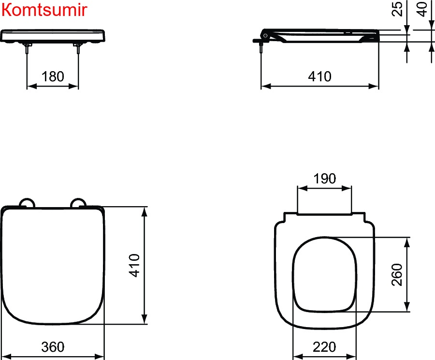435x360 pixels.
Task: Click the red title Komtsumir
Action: pyautogui.click(x=44, y=10)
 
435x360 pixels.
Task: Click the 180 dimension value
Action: pyautogui.click(x=53, y=76)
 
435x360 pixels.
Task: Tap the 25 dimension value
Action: pyautogui.click(x=397, y=9)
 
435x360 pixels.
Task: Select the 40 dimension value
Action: pyautogui.click(x=422, y=9)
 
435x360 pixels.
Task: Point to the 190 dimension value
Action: pyautogui.click(x=325, y=179)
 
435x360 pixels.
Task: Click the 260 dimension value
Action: pyautogui.click(x=397, y=274)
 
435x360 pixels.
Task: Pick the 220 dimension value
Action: pyautogui.click(x=324, y=347)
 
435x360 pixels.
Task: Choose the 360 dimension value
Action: pyautogui.click(x=53, y=347)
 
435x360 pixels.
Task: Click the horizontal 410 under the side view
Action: pyautogui.click(x=319, y=76)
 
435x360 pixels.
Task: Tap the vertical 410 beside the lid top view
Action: pyautogui.click(x=134, y=265)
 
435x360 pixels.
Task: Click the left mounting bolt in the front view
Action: pyautogui.click(x=27, y=48)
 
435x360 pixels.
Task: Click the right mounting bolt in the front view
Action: pyautogui.click(x=78, y=48)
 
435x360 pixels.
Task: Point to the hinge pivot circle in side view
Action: pyautogui.click(x=265, y=35)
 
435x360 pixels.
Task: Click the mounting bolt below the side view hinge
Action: pyautogui.click(x=261, y=47)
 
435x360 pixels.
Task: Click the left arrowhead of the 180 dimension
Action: pyautogui.click(x=31, y=86)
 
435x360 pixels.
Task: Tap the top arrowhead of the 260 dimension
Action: pyautogui.click(x=407, y=242)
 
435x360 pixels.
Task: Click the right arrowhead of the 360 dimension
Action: pyautogui.click(x=99, y=357)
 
